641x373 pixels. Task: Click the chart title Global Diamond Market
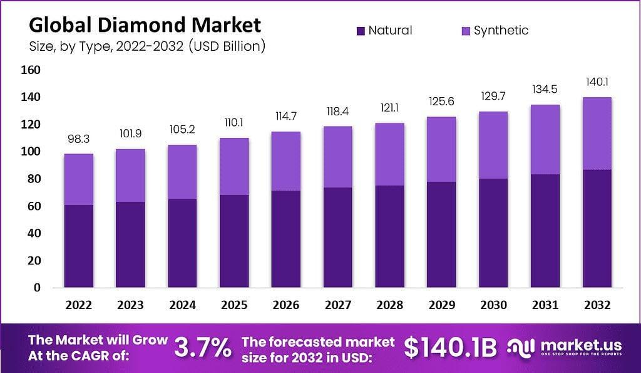[x=145, y=25]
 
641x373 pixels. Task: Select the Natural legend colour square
[x=361, y=31]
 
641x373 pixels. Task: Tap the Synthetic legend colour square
[x=466, y=31]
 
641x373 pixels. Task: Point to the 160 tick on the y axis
[x=31, y=70]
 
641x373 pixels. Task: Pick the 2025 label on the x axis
[x=234, y=305]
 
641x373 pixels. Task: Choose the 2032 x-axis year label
[x=597, y=305]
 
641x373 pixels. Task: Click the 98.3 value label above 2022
[x=78, y=139]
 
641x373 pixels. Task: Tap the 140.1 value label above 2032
[x=597, y=82]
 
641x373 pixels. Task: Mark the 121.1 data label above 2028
[x=389, y=108]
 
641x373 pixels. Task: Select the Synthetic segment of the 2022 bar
[x=78, y=179]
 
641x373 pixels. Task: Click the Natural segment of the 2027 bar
[x=337, y=238]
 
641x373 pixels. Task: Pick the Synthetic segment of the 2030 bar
[x=493, y=145]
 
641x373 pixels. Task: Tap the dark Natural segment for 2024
[x=182, y=243]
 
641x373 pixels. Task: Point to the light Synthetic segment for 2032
[x=597, y=134]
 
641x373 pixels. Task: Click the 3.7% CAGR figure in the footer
[x=203, y=348]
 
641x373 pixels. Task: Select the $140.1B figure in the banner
[x=451, y=348]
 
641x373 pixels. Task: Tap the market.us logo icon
[x=521, y=348]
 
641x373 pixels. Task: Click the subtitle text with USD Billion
[x=147, y=46]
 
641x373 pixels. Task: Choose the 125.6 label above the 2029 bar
[x=441, y=101]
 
